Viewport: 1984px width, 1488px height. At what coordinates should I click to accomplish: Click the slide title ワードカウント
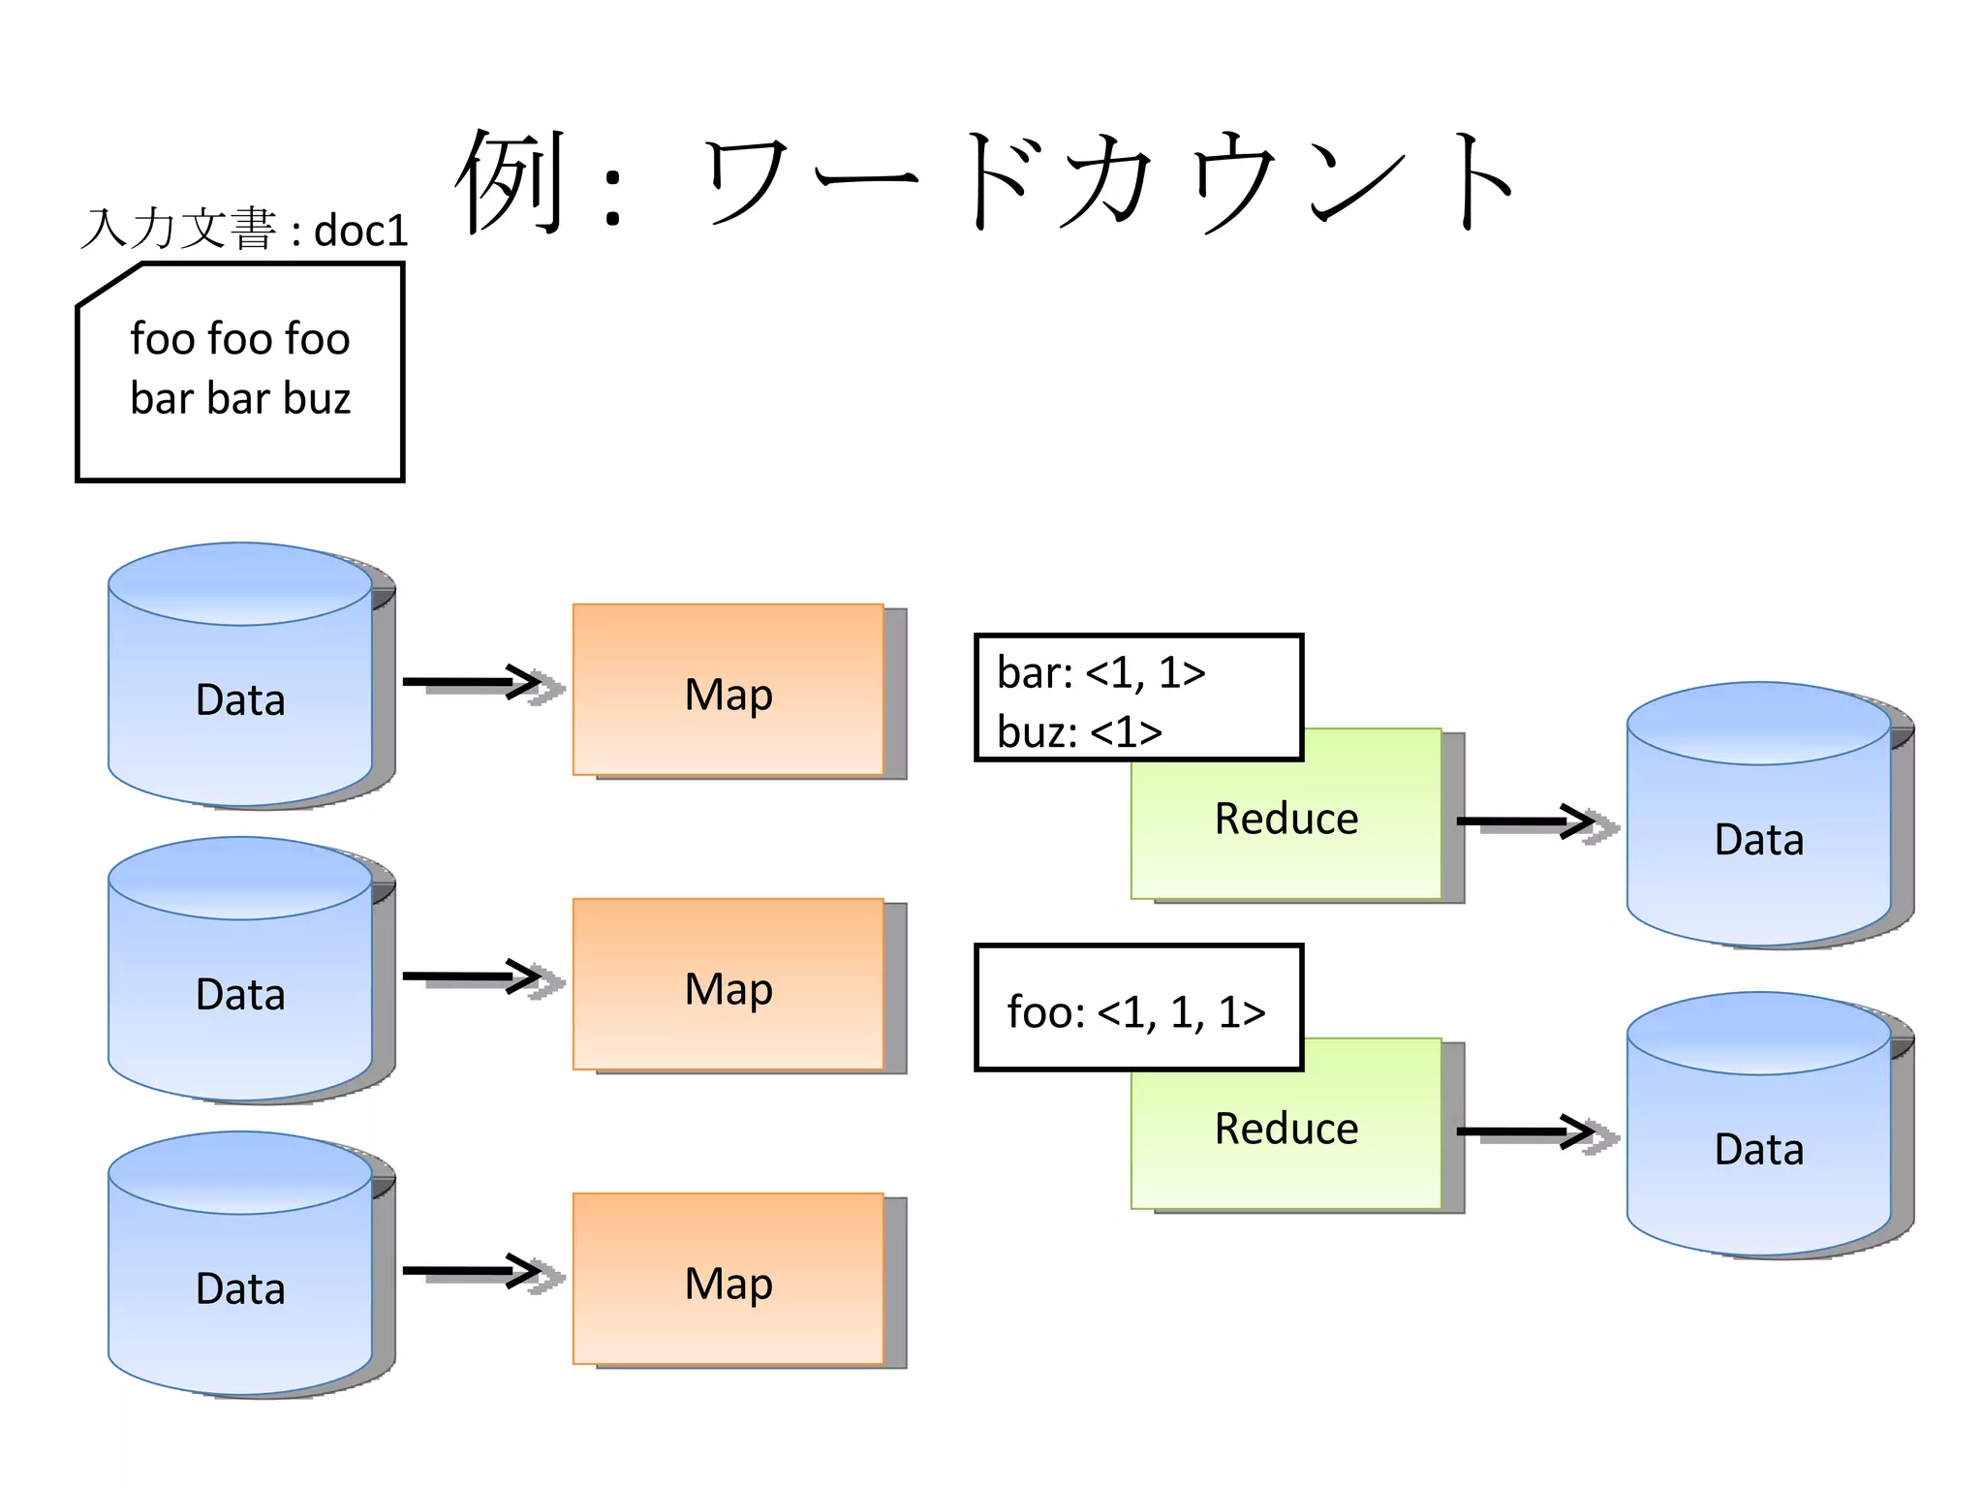click(x=1104, y=182)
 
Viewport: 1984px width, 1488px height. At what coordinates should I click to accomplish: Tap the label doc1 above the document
click(x=360, y=232)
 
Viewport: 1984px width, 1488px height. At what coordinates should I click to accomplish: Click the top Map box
click(x=728, y=694)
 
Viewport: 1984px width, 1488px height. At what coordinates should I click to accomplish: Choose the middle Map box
click(x=728, y=988)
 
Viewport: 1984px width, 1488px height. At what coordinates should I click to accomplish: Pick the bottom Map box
click(x=728, y=1283)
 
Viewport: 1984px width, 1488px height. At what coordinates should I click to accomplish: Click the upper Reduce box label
click(x=1286, y=820)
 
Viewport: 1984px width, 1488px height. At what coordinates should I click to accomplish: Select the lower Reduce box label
click(x=1286, y=1130)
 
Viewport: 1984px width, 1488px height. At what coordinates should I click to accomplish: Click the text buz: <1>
click(x=1079, y=732)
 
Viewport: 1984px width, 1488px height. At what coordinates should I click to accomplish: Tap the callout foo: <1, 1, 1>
click(x=1136, y=1011)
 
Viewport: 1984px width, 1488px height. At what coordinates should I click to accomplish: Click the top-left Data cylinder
click(x=240, y=698)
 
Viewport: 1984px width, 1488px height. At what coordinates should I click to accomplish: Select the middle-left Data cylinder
click(x=240, y=993)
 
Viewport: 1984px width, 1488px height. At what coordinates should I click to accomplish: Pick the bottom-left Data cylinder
click(x=240, y=1287)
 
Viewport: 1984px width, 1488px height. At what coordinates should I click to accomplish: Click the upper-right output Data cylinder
click(x=1758, y=838)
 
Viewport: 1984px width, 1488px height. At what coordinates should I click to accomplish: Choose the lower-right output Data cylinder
click(x=1758, y=1148)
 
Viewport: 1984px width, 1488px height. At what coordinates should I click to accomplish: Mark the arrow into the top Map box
click(x=475, y=683)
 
